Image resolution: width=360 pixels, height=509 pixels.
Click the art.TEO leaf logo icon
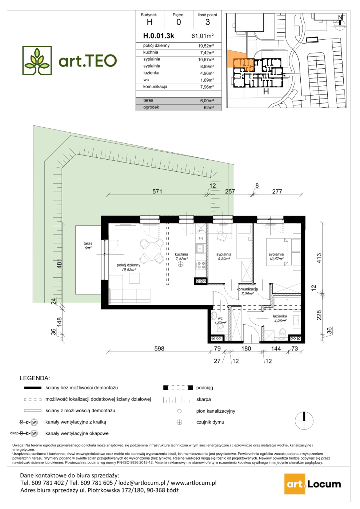37,60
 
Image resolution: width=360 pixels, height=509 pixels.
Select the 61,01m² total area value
203,36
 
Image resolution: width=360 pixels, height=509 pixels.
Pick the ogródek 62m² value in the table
209,108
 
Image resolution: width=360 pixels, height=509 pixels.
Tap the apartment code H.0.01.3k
159,36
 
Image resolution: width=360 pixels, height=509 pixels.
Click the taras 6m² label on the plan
88,245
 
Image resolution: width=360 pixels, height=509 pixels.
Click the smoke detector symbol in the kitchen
180,264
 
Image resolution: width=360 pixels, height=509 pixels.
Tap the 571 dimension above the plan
157,192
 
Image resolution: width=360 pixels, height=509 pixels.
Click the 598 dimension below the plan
159,349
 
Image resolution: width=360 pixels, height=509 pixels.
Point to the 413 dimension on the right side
319,258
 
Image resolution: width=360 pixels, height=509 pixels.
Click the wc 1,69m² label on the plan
220,320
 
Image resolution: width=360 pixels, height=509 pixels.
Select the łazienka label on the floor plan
280,316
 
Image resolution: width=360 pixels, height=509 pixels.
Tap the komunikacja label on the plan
247,289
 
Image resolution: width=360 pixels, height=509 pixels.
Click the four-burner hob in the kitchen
200,265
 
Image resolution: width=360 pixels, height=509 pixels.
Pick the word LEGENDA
35,378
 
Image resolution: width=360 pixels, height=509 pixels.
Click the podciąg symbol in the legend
178,388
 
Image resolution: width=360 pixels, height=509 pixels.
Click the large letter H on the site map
266,91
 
